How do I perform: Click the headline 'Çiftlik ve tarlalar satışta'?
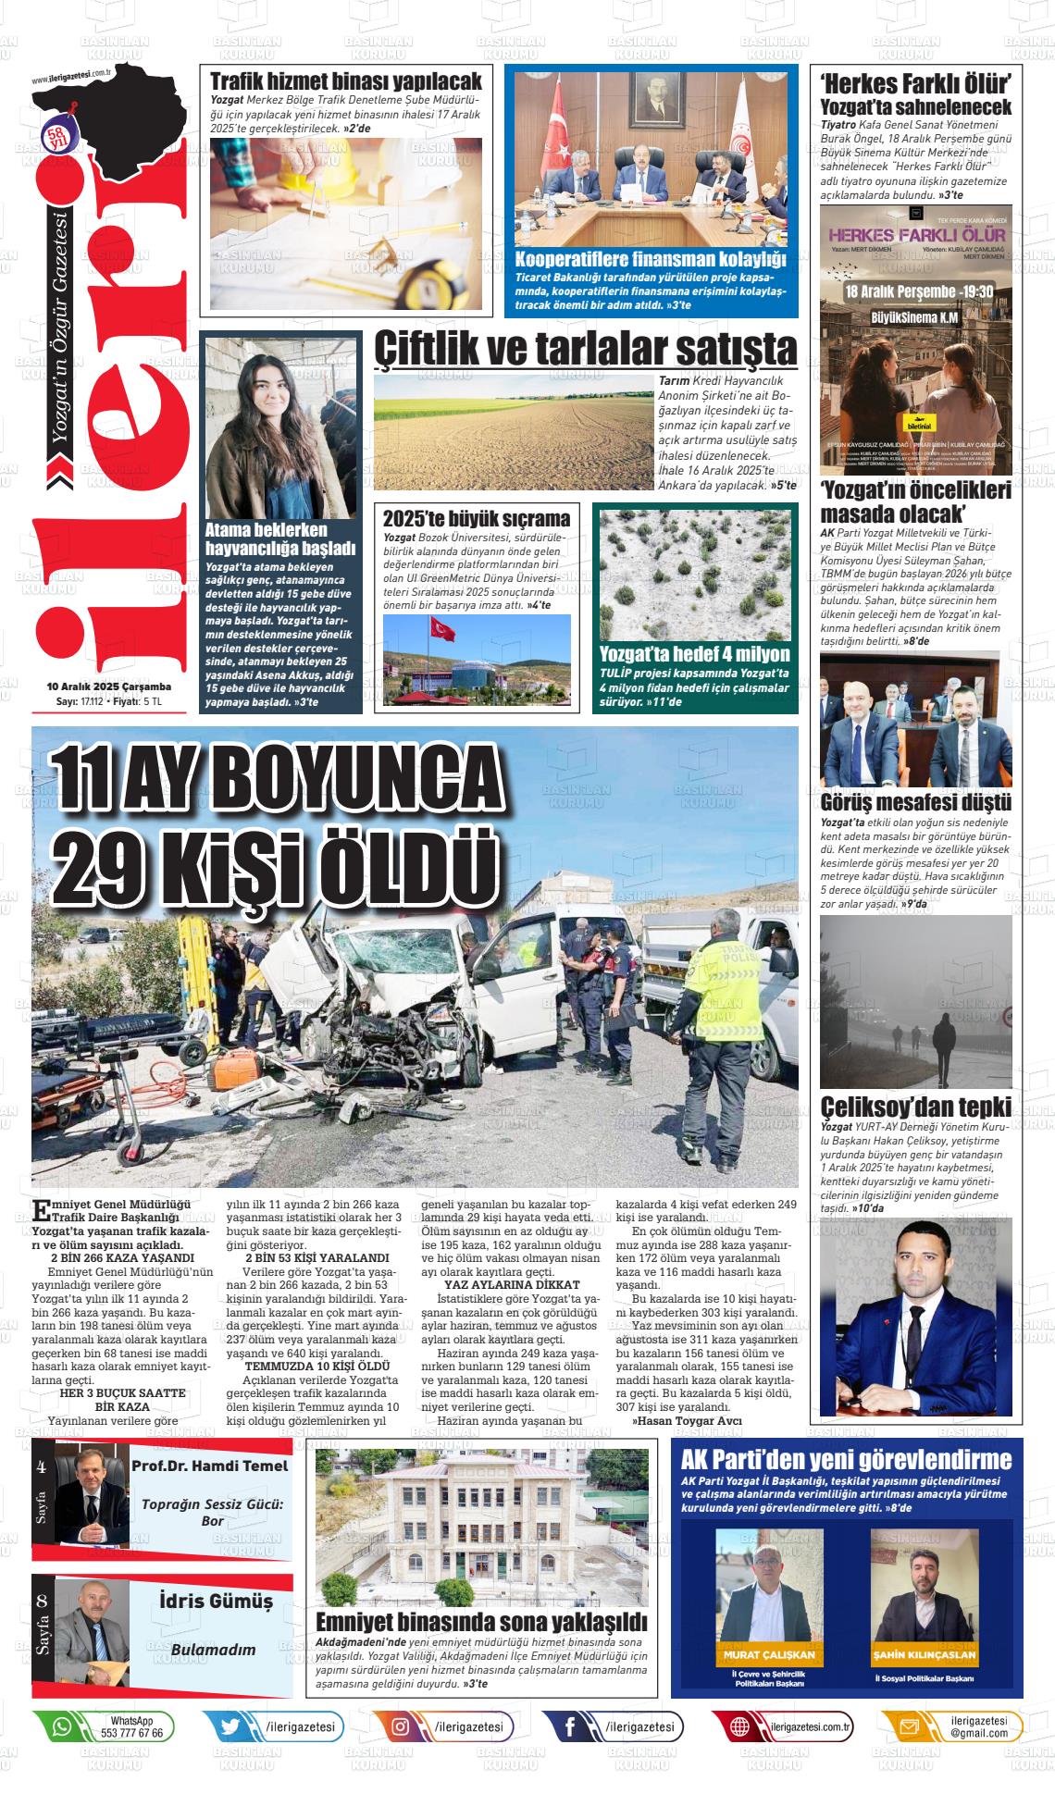(585, 350)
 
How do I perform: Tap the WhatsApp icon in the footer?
(62, 1726)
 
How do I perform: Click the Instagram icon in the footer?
(401, 1726)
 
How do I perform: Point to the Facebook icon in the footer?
(570, 1726)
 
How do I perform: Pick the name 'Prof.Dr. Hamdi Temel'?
(209, 1466)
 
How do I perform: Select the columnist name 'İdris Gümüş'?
(216, 1602)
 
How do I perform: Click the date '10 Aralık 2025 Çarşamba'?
(109, 687)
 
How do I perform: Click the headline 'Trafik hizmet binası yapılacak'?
(345, 80)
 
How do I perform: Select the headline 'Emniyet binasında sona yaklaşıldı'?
(480, 1622)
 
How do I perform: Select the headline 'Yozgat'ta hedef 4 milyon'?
(694, 653)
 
